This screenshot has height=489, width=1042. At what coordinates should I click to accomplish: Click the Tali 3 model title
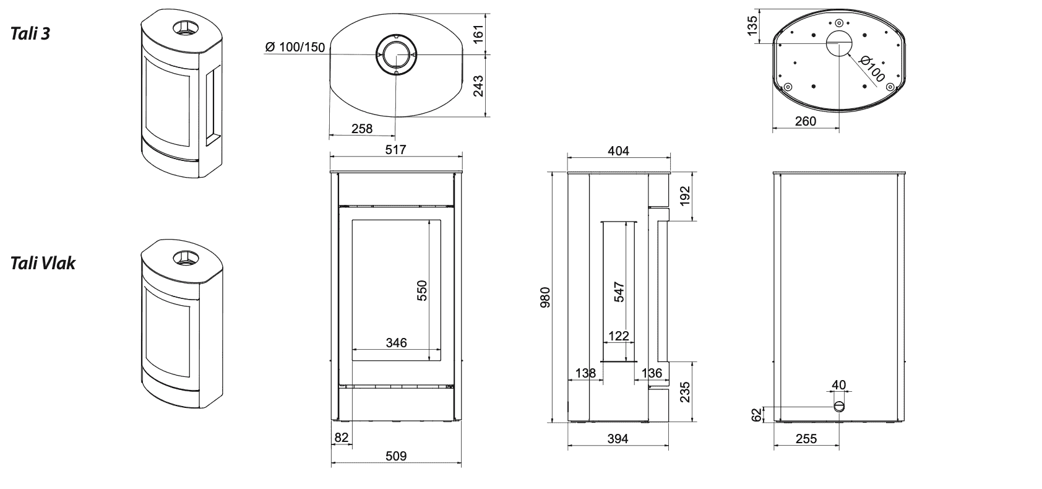click(x=30, y=34)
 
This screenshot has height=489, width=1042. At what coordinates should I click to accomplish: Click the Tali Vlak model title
click(x=43, y=263)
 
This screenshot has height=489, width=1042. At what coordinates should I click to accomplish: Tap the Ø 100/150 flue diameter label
click(x=295, y=47)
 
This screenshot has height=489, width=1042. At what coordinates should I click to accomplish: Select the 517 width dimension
click(x=396, y=149)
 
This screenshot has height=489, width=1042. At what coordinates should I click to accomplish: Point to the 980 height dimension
click(x=545, y=297)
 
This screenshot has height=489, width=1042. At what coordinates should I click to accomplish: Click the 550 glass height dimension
click(x=421, y=290)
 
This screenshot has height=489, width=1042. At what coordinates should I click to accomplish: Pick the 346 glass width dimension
click(x=397, y=342)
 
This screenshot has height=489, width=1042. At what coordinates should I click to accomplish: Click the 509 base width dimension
click(x=396, y=456)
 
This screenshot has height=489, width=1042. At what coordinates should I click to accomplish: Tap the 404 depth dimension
click(x=618, y=151)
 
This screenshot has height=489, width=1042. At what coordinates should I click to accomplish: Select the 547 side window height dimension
click(x=619, y=292)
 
